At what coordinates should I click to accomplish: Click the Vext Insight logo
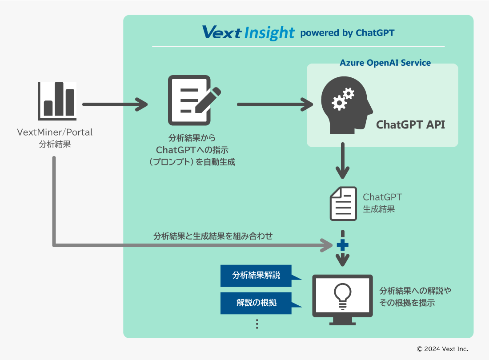248,32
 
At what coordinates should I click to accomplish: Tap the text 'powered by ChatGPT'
347,33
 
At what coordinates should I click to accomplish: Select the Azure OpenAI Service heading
385,63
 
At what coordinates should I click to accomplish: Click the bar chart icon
57,101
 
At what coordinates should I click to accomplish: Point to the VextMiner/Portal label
55,132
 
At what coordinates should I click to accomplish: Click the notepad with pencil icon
192,100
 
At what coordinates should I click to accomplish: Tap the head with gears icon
346,105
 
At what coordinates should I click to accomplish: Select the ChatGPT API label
410,125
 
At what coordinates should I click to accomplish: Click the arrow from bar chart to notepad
115,104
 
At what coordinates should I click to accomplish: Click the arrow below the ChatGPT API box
342,160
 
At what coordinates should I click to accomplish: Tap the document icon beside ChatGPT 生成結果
343,204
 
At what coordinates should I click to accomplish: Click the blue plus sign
342,245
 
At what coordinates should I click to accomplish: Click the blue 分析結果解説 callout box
256,276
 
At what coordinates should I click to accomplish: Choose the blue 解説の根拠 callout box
256,303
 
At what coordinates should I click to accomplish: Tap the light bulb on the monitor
342,295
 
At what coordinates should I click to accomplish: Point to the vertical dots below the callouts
257,324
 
